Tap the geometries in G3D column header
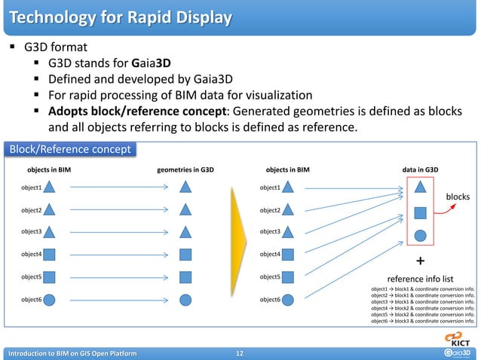(185, 170)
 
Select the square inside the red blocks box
(421, 213)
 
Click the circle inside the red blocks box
(421, 234)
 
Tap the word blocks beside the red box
(458, 197)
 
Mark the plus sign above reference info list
(421, 261)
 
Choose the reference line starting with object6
(423, 322)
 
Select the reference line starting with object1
(423, 289)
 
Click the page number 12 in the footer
(240, 352)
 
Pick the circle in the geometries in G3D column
(185, 300)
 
